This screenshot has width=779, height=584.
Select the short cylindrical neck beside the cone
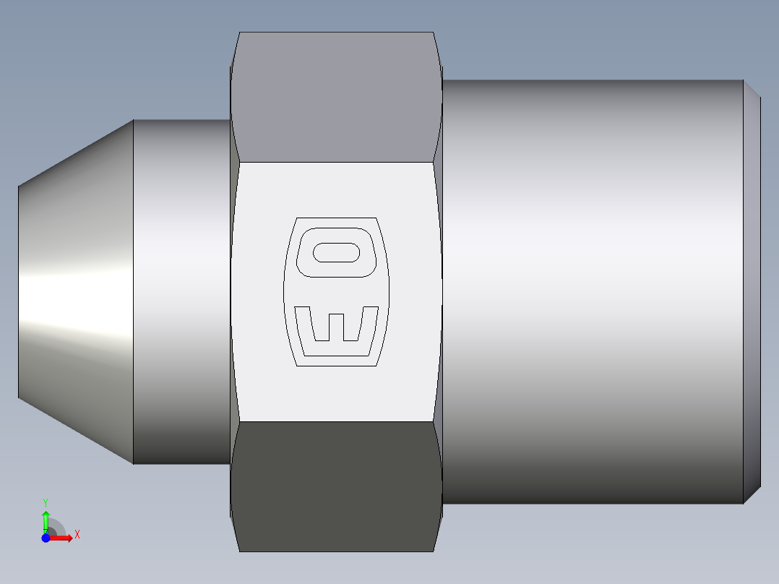[x=181, y=289]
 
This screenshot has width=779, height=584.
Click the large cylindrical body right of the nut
[x=593, y=289]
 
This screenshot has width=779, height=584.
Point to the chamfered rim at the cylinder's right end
[x=752, y=289]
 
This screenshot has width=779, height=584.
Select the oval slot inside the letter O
[x=337, y=252]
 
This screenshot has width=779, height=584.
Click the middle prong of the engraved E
[x=337, y=325]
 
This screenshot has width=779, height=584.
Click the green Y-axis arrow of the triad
[x=46, y=520]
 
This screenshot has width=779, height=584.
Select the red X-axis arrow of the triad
[x=62, y=538]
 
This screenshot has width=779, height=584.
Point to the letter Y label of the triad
[x=46, y=502]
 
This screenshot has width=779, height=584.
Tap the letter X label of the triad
[x=77, y=535]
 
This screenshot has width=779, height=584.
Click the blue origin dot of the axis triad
[x=46, y=538]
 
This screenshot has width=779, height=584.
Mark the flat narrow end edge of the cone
[x=19, y=289]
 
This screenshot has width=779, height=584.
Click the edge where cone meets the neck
[x=133, y=289]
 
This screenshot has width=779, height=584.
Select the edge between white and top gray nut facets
[x=336, y=163]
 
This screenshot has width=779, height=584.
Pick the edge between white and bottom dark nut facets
[x=336, y=421]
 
